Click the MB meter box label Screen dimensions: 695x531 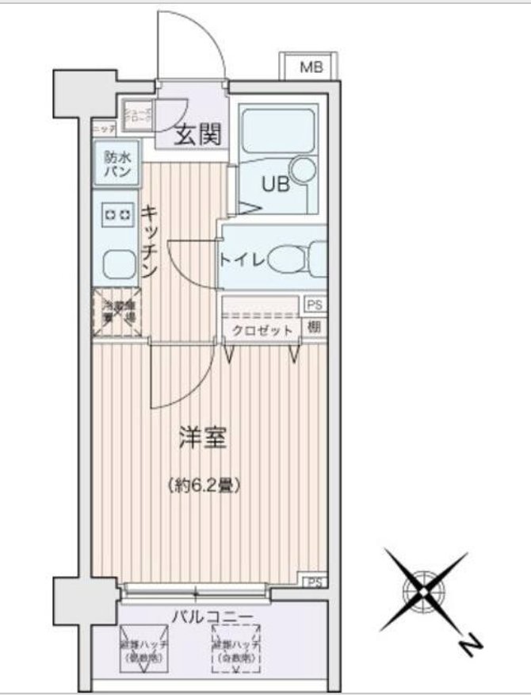pyautogui.click(x=311, y=68)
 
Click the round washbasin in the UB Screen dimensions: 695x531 pyautogui.click(x=303, y=169)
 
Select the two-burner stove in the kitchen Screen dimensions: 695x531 pyautogui.click(x=118, y=213)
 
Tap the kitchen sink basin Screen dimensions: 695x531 pyautogui.click(x=119, y=262)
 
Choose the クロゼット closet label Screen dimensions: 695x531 pyautogui.click(x=262, y=329)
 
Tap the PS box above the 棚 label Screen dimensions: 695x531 pyautogui.click(x=315, y=304)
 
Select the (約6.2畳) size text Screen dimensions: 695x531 pyautogui.click(x=204, y=484)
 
